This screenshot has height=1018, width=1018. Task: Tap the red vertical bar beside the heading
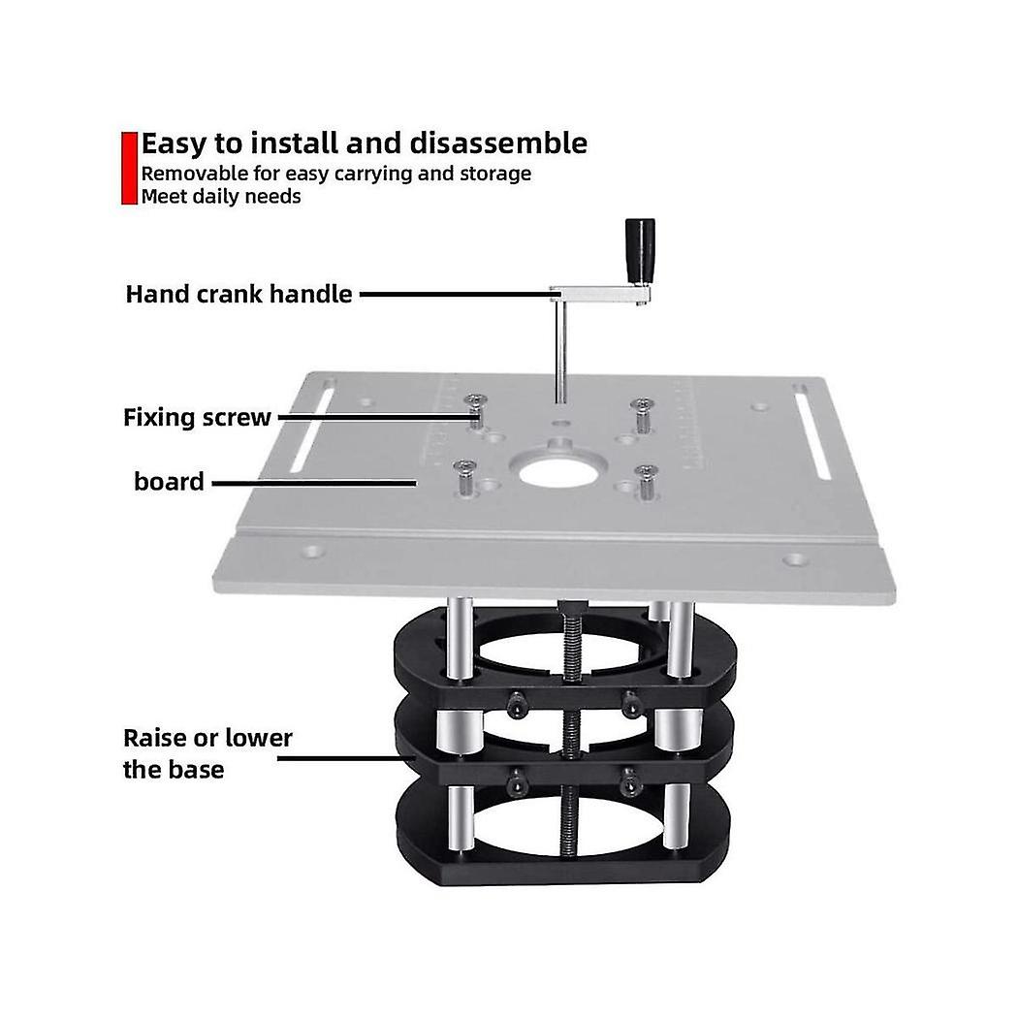(128, 168)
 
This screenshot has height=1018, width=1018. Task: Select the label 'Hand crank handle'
(239, 294)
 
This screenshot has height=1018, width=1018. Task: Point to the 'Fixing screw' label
(197, 418)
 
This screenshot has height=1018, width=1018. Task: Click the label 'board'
(169, 481)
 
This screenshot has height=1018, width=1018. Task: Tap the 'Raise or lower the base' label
(207, 753)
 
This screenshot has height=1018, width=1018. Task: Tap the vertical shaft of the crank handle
(558, 349)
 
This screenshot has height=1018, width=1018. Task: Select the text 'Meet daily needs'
(221, 197)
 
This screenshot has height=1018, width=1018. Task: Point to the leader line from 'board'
(315, 481)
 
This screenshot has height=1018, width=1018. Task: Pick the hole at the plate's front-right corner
(793, 559)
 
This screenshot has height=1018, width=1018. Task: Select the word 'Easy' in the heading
(174, 143)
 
